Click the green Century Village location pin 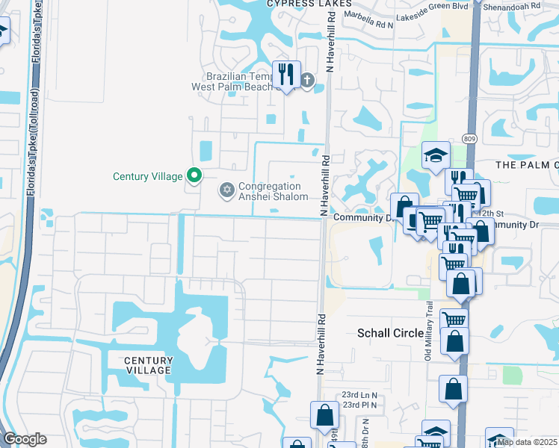194,176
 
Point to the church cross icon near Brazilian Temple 308,80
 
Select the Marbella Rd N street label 368,24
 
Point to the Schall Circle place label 391,333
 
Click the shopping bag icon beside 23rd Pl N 324,414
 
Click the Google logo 25,439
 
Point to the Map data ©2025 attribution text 527,441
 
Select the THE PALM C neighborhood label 528,164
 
